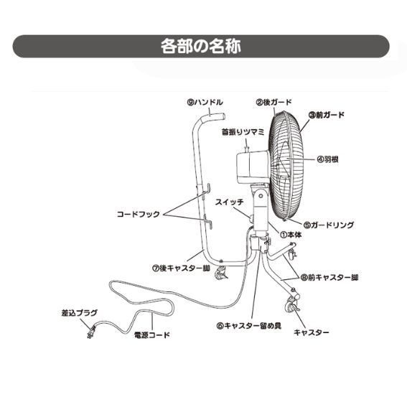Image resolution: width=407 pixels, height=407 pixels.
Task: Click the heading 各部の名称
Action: (201, 46)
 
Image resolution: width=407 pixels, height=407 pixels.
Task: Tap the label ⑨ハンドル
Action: (205, 102)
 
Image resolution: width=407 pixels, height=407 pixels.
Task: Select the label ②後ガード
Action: (274, 102)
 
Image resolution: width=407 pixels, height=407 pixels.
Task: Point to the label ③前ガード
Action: (327, 115)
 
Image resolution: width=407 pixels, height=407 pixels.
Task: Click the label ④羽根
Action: (327, 159)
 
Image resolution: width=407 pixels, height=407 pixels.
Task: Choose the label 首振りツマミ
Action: (243, 132)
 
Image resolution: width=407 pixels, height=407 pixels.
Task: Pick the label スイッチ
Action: (230, 202)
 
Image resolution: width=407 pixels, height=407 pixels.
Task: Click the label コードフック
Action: (138, 215)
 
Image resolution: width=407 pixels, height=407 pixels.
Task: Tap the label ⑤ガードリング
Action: (329, 225)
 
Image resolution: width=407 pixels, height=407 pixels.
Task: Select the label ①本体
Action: (291, 235)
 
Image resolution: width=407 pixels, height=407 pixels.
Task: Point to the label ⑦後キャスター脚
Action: (181, 268)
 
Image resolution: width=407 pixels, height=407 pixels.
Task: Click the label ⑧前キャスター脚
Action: (329, 278)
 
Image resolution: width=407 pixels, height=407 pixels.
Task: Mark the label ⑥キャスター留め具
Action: (249, 325)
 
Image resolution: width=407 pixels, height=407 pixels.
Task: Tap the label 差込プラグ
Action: (80, 313)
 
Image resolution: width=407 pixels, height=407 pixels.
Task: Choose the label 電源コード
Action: (152, 335)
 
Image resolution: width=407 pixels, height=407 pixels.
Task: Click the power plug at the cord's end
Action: (91, 332)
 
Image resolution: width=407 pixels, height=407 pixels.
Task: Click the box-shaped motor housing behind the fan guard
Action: (252, 167)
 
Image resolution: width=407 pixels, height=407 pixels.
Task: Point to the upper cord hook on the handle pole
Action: (205, 190)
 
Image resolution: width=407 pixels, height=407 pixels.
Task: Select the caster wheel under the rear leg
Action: (221, 273)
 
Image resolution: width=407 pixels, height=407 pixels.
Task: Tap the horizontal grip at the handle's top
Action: (217, 116)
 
